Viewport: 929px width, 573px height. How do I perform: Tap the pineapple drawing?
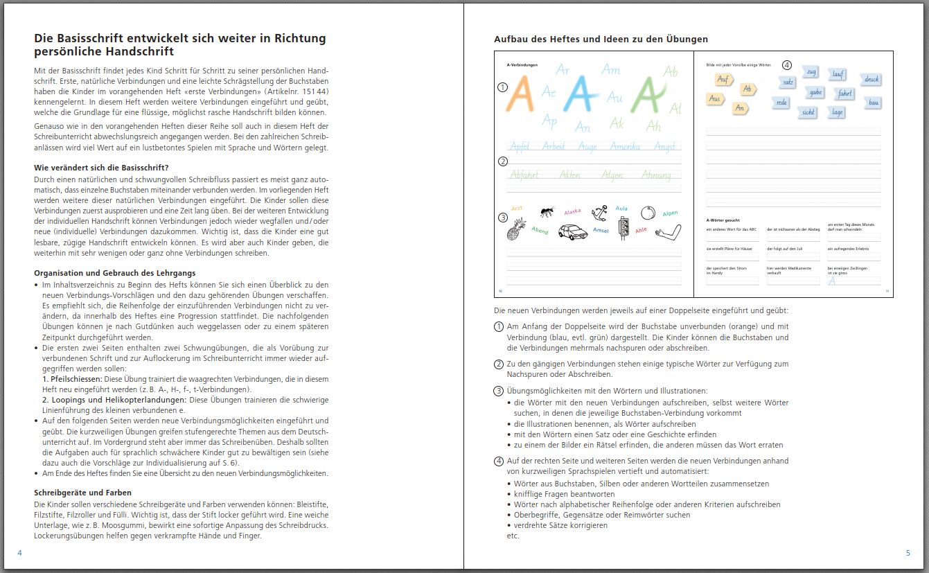[515, 229]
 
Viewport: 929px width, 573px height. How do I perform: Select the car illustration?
[569, 232]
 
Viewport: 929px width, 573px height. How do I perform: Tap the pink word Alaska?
[573, 211]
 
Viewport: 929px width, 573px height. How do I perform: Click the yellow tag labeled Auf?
[725, 80]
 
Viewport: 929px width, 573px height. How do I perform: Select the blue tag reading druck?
[872, 80]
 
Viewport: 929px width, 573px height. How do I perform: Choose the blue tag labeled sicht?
[807, 112]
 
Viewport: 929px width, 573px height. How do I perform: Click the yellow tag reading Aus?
[715, 99]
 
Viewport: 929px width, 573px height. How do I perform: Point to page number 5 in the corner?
[908, 553]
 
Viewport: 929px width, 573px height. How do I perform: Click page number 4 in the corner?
[19, 553]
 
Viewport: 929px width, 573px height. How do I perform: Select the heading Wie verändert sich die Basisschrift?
[101, 168]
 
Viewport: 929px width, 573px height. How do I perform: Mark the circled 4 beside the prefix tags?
[786, 65]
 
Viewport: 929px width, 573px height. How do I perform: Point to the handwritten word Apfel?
[520, 146]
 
